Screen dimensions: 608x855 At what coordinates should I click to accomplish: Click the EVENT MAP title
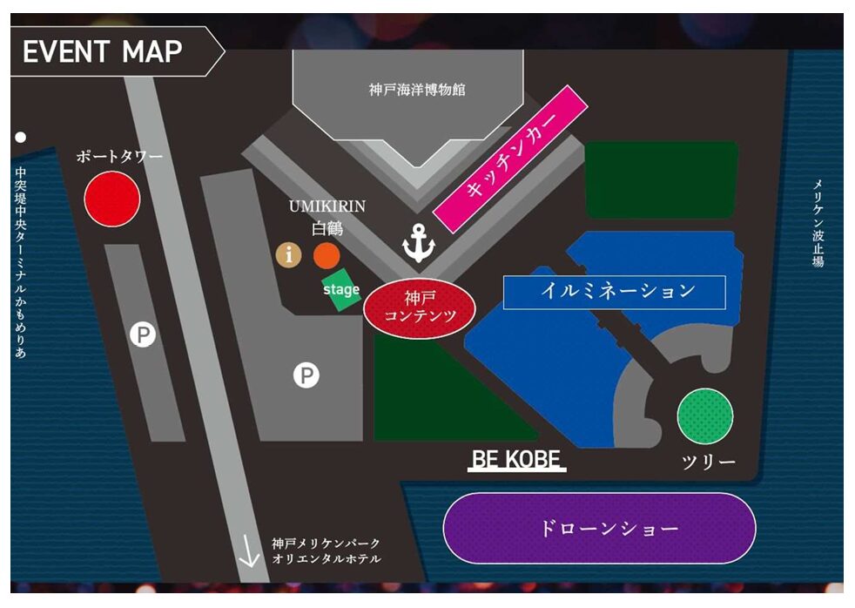coord(103,51)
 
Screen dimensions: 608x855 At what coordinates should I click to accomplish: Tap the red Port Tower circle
coord(112,199)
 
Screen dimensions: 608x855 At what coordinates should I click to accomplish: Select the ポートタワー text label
coord(119,157)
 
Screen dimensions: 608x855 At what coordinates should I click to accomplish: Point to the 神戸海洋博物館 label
coord(417,89)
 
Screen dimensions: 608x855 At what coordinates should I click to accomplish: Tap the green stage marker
coord(341,290)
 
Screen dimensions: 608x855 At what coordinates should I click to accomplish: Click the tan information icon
coord(288,255)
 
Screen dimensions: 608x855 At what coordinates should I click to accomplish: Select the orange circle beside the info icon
coord(326,255)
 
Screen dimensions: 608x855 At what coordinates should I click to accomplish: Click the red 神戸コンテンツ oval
coord(420,307)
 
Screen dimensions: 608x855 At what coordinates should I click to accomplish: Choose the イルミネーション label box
coord(614,292)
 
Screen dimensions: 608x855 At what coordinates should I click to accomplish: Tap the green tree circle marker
coord(704,416)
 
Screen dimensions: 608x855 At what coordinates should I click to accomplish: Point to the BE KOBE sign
coord(517,460)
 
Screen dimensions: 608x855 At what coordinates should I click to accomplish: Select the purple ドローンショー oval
coord(599,528)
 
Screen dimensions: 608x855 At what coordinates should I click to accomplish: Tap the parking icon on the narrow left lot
coord(143,334)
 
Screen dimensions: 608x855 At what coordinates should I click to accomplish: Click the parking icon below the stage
coord(306,375)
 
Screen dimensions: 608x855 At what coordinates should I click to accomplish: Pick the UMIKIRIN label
coord(327,206)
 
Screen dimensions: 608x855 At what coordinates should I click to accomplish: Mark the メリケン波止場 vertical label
coord(818,223)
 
